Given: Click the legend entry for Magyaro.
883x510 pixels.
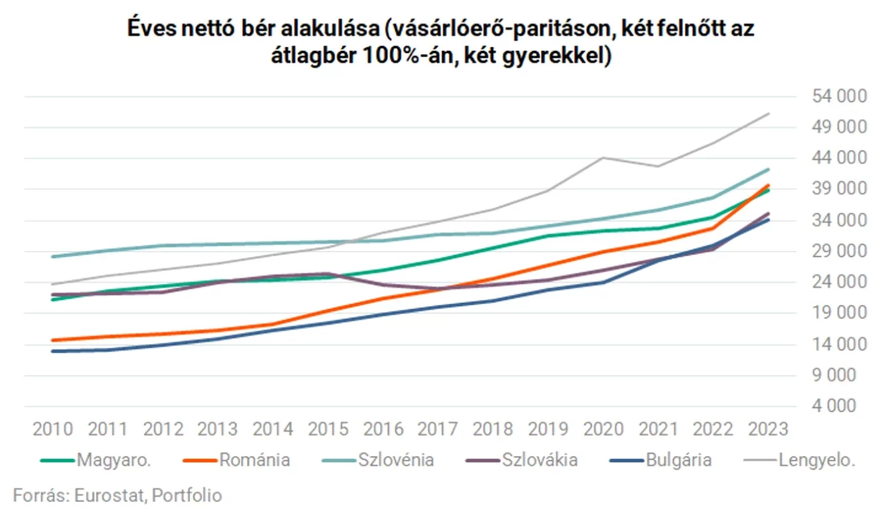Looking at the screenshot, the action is (96, 460).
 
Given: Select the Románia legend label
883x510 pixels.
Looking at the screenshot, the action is (237, 460).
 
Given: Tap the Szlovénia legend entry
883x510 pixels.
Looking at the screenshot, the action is (377, 460).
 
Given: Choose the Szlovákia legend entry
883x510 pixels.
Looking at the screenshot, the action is (522, 460).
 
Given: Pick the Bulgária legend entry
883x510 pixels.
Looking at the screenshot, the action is (661, 460).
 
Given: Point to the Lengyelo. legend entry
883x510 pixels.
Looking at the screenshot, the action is (800, 460).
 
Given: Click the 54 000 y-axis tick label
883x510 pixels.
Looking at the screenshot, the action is (840, 96).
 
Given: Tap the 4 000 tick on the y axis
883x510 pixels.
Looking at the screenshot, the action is (834, 406).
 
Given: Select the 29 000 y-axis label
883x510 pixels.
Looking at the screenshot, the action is (840, 251).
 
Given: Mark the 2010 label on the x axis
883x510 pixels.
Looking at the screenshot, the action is (53, 429).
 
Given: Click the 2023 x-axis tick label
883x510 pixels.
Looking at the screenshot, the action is (768, 429).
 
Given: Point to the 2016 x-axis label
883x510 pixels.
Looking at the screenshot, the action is (383, 429).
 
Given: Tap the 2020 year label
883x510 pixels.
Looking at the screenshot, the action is (604, 429).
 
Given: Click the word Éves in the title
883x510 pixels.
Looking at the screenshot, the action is (152, 28).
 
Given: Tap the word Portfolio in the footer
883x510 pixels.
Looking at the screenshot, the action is (187, 496).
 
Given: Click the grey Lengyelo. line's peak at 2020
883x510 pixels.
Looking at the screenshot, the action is (604, 158).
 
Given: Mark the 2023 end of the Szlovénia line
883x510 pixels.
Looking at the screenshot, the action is (768, 170).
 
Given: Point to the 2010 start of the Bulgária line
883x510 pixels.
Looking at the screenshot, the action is (53, 351).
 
